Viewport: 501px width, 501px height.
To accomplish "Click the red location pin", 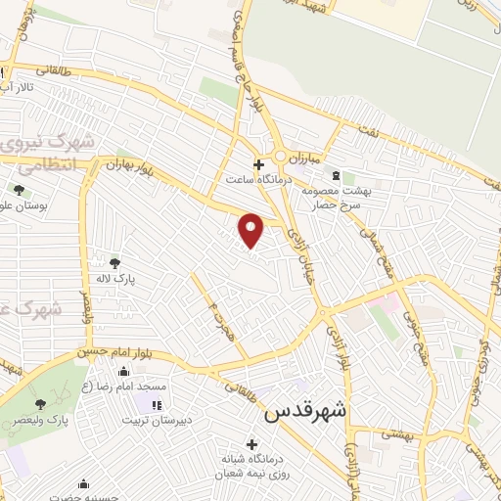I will pyautogui.click(x=252, y=230).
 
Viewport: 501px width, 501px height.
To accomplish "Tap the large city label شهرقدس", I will pyautogui.click(x=306, y=413).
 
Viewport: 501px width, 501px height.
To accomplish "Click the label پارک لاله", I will pyautogui.click(x=114, y=279).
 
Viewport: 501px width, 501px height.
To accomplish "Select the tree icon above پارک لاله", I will pyautogui.click(x=114, y=262).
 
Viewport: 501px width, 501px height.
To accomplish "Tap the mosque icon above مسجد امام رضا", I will pyautogui.click(x=123, y=372).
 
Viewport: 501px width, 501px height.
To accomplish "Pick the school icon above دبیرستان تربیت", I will pyautogui.click(x=155, y=404).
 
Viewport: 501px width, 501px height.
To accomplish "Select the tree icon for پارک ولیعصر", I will pyautogui.click(x=40, y=403).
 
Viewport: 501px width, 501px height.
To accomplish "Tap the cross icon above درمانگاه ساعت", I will pyautogui.click(x=258, y=164).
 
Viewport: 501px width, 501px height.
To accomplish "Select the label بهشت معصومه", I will pyautogui.click(x=334, y=192).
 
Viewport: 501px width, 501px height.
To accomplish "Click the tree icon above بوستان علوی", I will pyautogui.click(x=19, y=189).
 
